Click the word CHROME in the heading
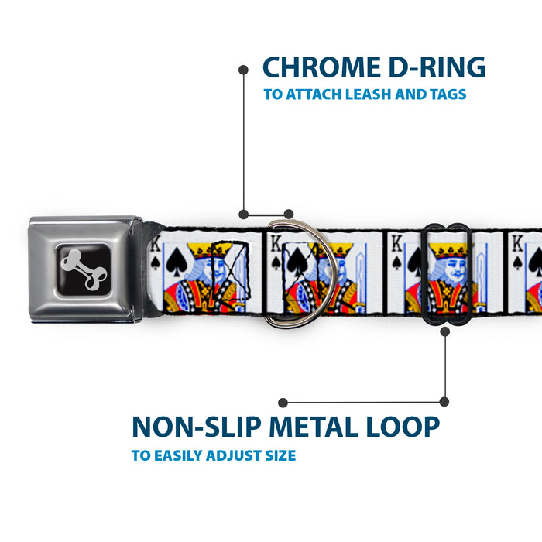click(x=321, y=67)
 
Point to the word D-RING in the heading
click(x=437, y=67)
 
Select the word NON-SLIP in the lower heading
click(x=197, y=427)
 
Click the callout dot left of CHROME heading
click(x=243, y=70)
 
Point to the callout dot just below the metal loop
click(x=445, y=332)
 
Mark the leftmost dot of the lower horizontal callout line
click(x=283, y=403)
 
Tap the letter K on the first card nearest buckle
click(x=156, y=244)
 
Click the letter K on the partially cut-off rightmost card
click(x=517, y=244)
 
